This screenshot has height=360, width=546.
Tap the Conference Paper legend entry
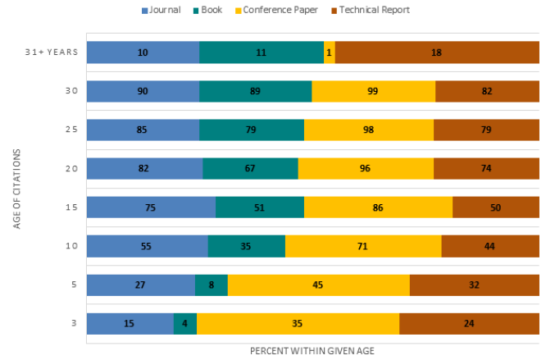pos(276,10)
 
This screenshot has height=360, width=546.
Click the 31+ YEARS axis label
pos(51,52)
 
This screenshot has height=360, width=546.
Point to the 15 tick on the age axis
pos(72,207)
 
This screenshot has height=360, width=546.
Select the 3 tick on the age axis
pos(74,323)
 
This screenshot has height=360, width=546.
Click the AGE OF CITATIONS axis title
pos(17,187)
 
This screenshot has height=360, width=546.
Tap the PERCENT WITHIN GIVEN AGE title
pos(312,350)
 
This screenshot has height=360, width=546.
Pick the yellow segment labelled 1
pos(330,52)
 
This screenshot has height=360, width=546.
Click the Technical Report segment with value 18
pos(436,52)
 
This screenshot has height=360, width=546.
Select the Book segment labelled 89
pos(255,91)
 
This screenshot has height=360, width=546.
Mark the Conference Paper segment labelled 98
pos(368,130)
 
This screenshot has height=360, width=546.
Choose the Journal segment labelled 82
pos(144,168)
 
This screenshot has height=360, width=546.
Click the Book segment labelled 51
pos(260,207)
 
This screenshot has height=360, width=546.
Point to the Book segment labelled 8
pos(212,285)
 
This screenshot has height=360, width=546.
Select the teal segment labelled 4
pos(185,323)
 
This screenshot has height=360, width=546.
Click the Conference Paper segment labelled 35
pos(298,323)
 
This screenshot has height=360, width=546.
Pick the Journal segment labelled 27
pos(140,285)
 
